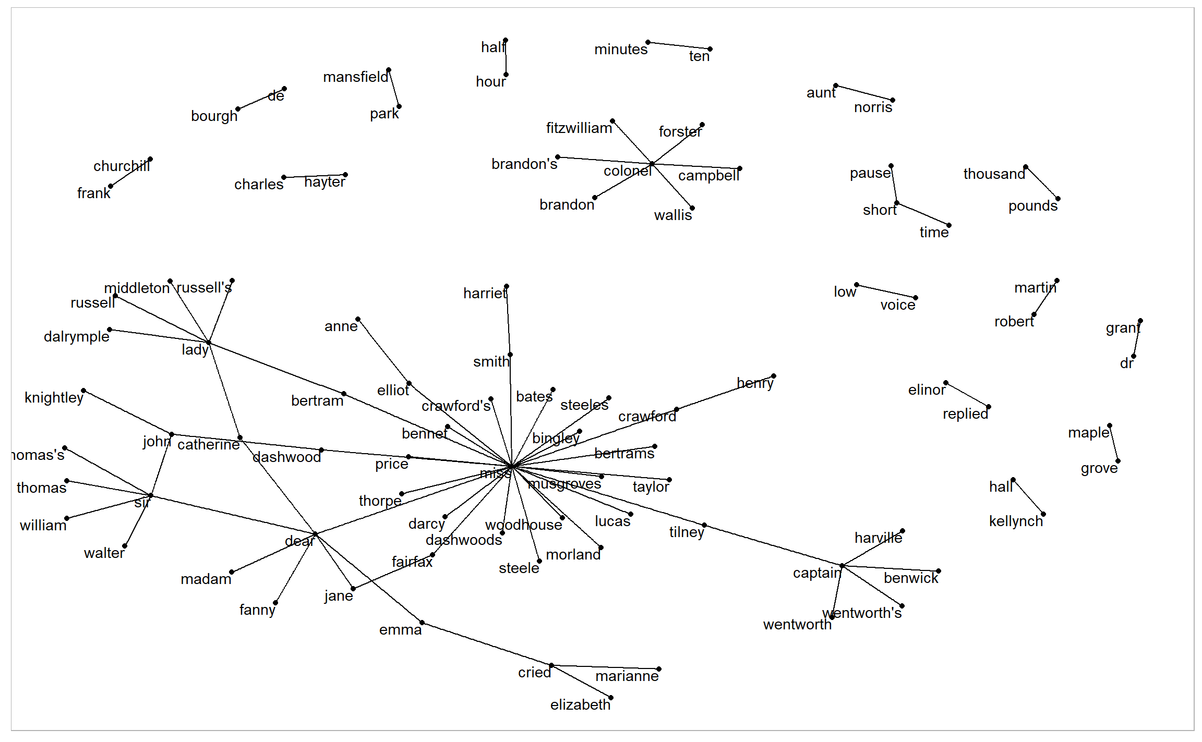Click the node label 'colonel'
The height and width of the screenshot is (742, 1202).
pyautogui.click(x=627, y=171)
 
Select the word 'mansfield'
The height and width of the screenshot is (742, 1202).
pyautogui.click(x=355, y=77)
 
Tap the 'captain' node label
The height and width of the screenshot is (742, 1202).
pyautogui.click(x=816, y=573)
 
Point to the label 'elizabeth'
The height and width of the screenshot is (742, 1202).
pyautogui.click(x=580, y=705)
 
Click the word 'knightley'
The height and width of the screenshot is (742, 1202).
pyautogui.click(x=54, y=398)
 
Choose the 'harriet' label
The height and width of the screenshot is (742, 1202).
pyautogui.click(x=485, y=294)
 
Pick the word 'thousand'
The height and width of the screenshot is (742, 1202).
pyautogui.click(x=994, y=174)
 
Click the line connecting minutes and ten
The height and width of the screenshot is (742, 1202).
pyautogui.click(x=679, y=46)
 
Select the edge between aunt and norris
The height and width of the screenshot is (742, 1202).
pyautogui.click(x=864, y=93)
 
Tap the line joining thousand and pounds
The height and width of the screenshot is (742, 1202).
pyautogui.click(x=1042, y=183)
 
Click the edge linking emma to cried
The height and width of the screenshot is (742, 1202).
pyautogui.click(x=486, y=644)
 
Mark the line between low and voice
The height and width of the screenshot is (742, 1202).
pyautogui.click(x=886, y=291)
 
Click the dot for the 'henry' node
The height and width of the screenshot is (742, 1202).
pyautogui.click(x=774, y=376)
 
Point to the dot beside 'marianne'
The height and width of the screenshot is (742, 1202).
pyautogui.click(x=659, y=669)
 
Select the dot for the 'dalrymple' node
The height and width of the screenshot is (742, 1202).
pyautogui.click(x=110, y=330)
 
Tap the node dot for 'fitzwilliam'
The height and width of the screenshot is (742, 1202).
pyautogui.click(x=612, y=121)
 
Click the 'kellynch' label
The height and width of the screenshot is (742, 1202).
pyautogui.click(x=1015, y=521)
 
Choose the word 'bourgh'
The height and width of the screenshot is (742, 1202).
pyautogui.click(x=214, y=116)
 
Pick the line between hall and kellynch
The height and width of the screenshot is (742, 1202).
pyautogui.click(x=1028, y=497)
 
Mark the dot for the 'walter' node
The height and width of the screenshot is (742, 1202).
pyautogui.click(x=125, y=546)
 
